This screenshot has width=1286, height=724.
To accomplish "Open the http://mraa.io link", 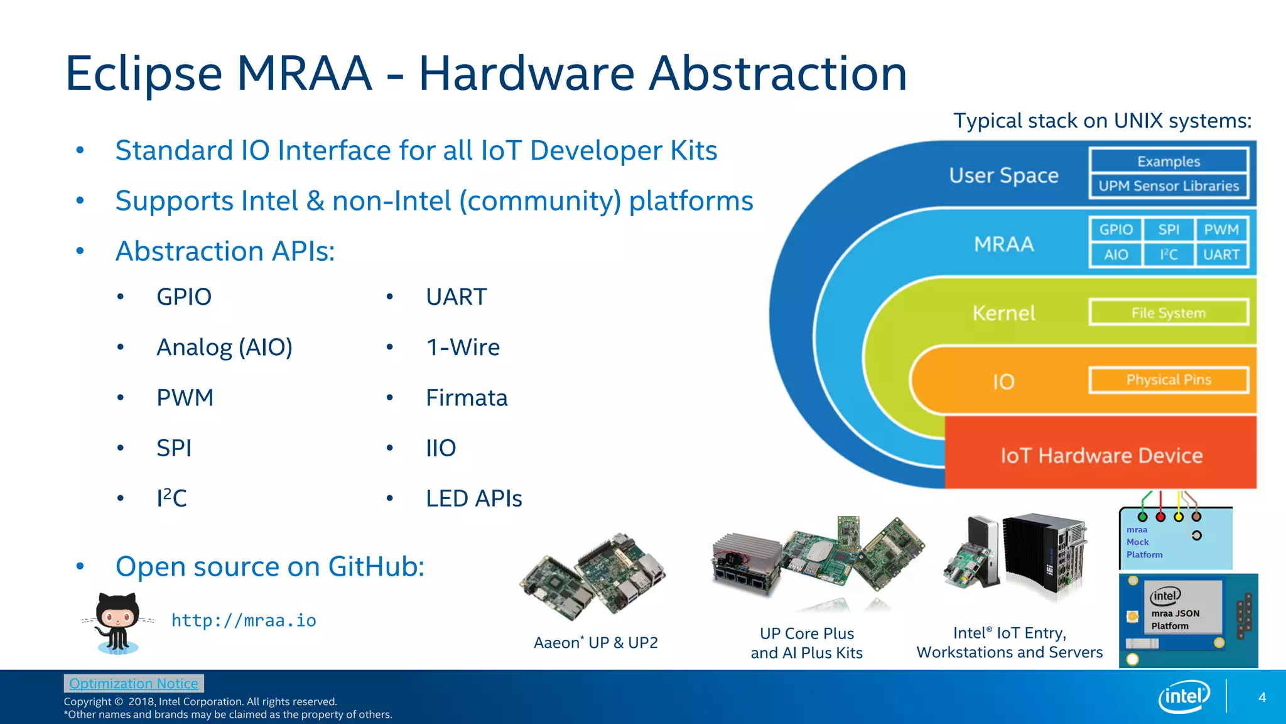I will pyautogui.click(x=244, y=621).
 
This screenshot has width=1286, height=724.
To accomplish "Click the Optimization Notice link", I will pyautogui.click(x=134, y=683).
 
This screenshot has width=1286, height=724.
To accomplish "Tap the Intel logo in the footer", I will pyautogui.click(x=1184, y=696).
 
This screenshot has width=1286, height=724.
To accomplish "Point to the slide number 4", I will pyautogui.click(x=1262, y=698).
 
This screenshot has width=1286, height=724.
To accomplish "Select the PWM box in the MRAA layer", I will pyautogui.click(x=1221, y=230).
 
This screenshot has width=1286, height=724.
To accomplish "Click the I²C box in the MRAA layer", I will pyautogui.click(x=1168, y=255).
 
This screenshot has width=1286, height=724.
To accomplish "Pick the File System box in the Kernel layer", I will pyautogui.click(x=1169, y=313).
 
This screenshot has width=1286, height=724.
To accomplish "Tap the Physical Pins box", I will pyautogui.click(x=1169, y=380).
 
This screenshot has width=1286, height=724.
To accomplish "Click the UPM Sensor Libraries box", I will pyautogui.click(x=1169, y=186).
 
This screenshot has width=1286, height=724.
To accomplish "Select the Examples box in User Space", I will pyautogui.click(x=1169, y=162).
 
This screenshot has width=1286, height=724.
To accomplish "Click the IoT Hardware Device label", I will pyautogui.click(x=1101, y=456).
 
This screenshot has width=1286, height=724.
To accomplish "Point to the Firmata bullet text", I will pyautogui.click(x=467, y=398).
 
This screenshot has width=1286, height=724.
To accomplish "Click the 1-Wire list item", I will pyautogui.click(x=463, y=348).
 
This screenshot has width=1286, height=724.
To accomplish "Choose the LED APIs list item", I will pyautogui.click(x=473, y=498).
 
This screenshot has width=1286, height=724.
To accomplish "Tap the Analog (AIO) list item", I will pyautogui.click(x=224, y=348).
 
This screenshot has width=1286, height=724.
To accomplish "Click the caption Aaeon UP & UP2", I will pyautogui.click(x=595, y=643).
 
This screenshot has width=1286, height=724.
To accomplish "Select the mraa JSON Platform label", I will pyautogui.click(x=1175, y=620).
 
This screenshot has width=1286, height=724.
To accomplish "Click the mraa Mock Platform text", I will pyautogui.click(x=1143, y=542).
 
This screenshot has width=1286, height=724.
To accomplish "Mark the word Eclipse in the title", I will pyautogui.click(x=144, y=74).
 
